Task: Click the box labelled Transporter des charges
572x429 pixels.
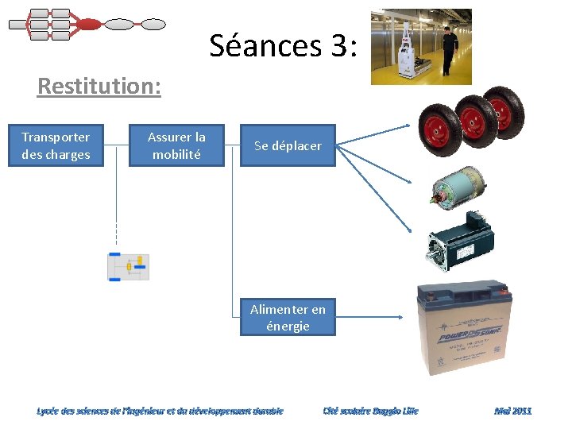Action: coord(56,145)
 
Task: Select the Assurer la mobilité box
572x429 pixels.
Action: coord(177,145)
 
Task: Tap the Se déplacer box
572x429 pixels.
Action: coord(288,145)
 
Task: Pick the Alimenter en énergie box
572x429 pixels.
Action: coord(288,317)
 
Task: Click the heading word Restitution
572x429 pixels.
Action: coord(99,86)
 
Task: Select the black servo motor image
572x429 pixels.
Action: coord(460,238)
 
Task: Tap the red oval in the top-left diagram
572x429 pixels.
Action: coord(89,25)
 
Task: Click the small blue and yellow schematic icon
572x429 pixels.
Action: coord(128,267)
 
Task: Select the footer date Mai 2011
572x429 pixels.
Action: coord(512,411)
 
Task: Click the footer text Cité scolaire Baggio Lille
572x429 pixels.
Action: coord(370,411)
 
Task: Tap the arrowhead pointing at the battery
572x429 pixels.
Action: coord(401,317)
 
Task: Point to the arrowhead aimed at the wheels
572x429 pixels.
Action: coord(408,126)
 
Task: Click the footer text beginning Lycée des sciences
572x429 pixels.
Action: coord(160,411)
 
